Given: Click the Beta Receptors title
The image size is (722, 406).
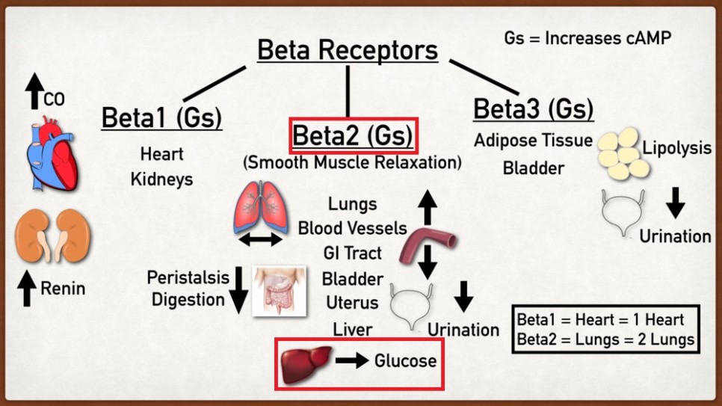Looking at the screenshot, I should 348,51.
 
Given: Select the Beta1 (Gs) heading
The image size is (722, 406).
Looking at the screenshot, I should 161,117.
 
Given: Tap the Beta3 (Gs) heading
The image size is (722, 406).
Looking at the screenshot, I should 534,109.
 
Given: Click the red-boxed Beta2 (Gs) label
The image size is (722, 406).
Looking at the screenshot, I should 353,136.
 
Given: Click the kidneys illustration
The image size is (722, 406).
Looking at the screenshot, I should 52,233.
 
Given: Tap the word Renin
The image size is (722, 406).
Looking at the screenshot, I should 64,289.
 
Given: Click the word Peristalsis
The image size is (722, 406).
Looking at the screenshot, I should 188,277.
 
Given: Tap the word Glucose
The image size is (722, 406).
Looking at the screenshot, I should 405,361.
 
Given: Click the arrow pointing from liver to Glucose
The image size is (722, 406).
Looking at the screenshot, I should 352,362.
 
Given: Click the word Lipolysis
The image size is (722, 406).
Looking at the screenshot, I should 677,148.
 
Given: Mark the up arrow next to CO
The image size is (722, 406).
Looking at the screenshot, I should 33,90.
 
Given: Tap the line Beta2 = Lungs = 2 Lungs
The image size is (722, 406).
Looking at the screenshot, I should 606,340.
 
